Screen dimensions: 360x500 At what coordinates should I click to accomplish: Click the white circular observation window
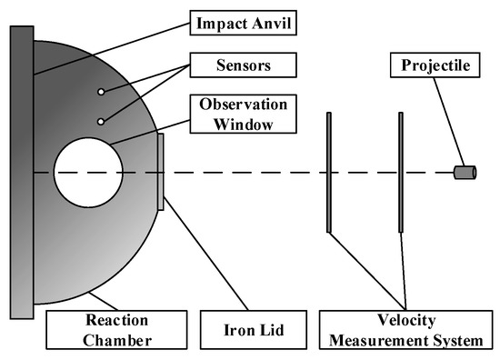tap(88, 172)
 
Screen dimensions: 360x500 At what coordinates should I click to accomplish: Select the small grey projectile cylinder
tap(465, 172)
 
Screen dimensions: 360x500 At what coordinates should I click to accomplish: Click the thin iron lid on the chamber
tap(160, 172)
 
